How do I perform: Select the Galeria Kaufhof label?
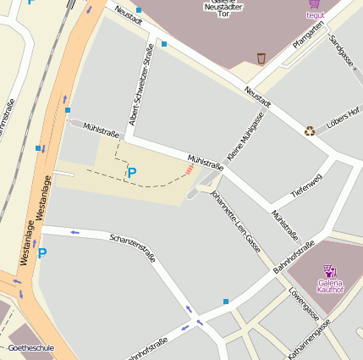click(330, 285)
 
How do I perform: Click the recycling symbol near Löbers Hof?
click(310, 130)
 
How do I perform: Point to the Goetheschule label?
click(30, 348)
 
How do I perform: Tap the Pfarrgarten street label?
click(308, 36)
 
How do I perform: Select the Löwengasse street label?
click(304, 306)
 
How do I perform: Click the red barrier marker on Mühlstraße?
click(190, 170)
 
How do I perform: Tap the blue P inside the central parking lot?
click(131, 173)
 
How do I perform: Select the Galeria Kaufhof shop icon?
click(329, 271)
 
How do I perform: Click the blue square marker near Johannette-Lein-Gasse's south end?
click(226, 301)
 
